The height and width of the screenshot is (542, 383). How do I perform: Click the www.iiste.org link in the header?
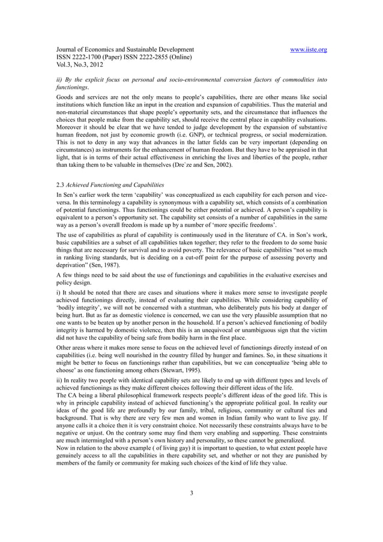307,49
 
